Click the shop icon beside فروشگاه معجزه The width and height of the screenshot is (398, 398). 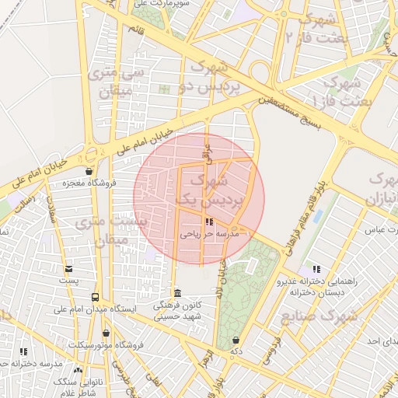coord(90,172)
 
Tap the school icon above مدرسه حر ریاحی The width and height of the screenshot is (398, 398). coord(208,222)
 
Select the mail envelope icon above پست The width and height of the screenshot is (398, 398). coord(69,268)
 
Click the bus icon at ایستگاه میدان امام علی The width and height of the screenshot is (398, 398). coord(95,297)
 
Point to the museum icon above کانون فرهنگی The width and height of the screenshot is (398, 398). coord(179,293)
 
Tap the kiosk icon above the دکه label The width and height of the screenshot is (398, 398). coord(236,340)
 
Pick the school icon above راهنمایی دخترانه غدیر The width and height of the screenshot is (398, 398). coord(315,268)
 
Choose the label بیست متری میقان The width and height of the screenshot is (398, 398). coord(110,231)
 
